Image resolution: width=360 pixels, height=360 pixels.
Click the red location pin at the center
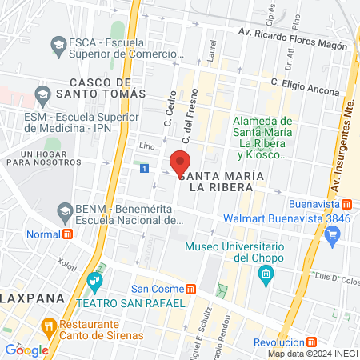click(x=180, y=161)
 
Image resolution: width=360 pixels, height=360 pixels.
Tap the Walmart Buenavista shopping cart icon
click(x=334, y=234)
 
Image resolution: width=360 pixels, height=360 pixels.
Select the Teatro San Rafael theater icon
click(x=95, y=281)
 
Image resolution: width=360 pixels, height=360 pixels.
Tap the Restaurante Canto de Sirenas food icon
click(x=48, y=326)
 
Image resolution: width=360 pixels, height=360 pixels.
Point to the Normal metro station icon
click(x=68, y=235)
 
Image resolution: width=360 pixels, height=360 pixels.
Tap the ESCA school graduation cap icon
click(x=58, y=42)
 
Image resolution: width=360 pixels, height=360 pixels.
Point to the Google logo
click(x=26, y=349)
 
